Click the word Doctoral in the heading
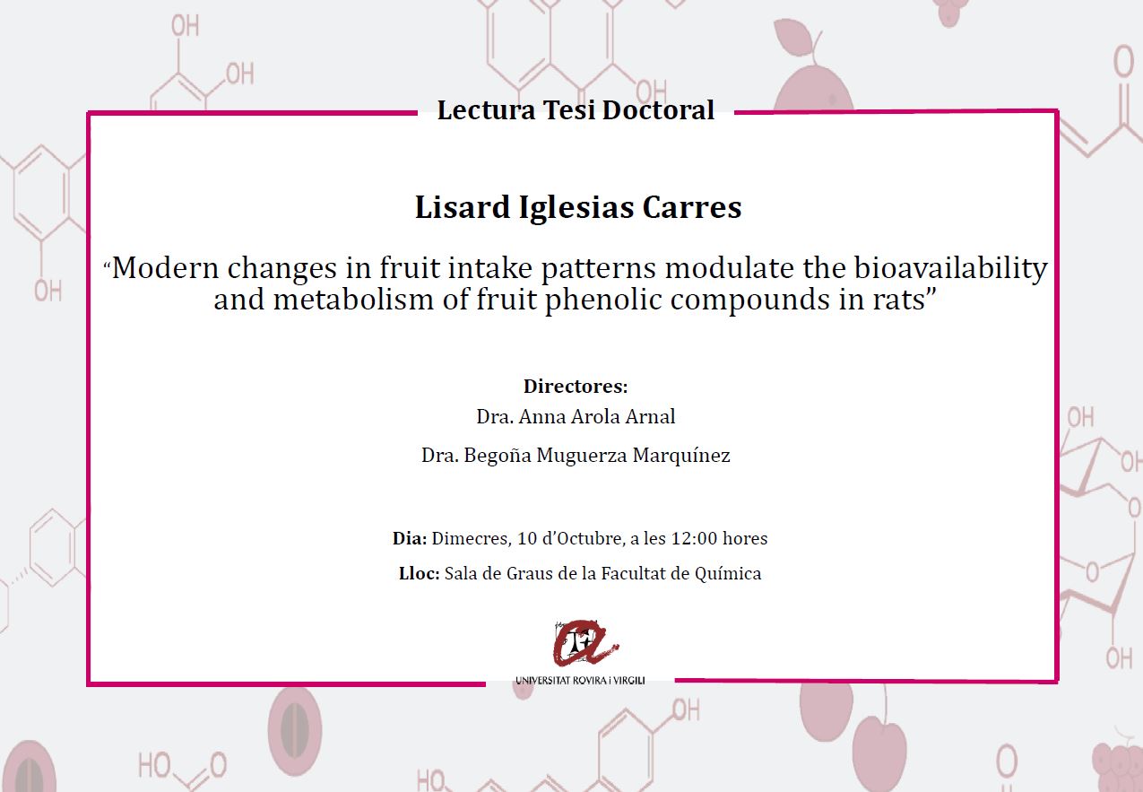(x=658, y=110)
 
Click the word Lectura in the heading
(x=486, y=110)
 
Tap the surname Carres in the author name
(x=692, y=207)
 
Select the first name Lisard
(x=463, y=207)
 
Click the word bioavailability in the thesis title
(x=950, y=268)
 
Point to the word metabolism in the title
(x=353, y=300)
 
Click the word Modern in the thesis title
(x=165, y=268)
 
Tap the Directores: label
(x=576, y=387)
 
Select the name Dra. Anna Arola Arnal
(x=576, y=417)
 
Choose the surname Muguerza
(x=581, y=456)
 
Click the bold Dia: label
(x=409, y=538)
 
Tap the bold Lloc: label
(x=419, y=573)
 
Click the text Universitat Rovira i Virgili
(x=580, y=680)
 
